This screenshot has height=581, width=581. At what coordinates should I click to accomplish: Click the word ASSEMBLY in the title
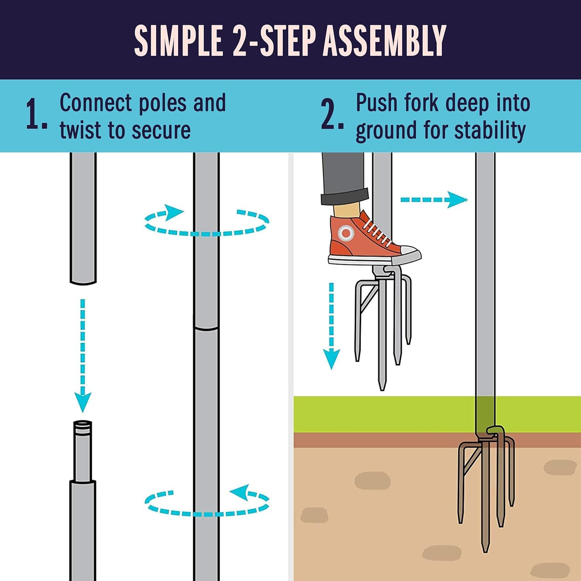[385, 40]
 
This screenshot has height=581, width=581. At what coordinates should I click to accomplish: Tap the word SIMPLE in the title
[179, 40]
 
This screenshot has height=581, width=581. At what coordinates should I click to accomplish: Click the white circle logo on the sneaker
[346, 233]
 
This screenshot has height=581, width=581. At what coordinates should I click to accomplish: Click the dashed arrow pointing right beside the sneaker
[434, 200]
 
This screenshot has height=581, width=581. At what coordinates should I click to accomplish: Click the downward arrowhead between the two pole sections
[83, 403]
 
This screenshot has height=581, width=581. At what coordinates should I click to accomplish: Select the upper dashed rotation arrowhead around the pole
[174, 212]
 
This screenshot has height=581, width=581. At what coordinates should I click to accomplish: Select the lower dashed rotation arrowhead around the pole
[239, 493]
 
